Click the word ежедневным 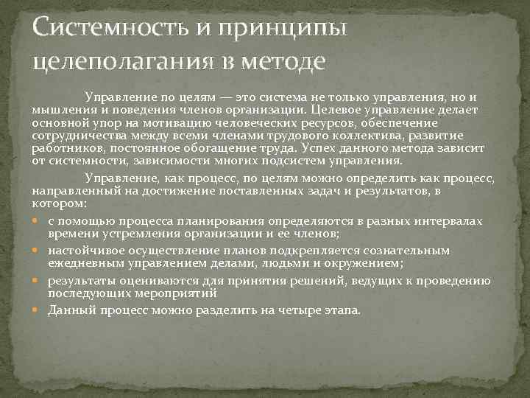(x=82, y=262)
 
